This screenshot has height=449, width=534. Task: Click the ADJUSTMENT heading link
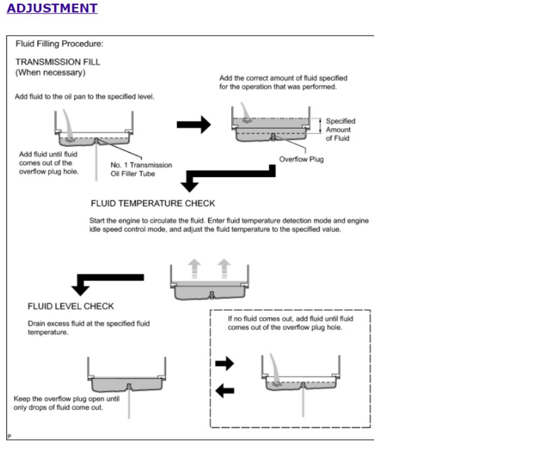pyautogui.click(x=52, y=8)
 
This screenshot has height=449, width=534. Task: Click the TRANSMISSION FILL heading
pyautogui.click(x=58, y=62)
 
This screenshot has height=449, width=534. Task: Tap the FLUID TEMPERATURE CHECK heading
pyautogui.click(x=153, y=203)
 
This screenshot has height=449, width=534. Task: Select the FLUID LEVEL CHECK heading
pyautogui.click(x=71, y=306)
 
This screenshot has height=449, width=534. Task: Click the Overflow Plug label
pyautogui.click(x=301, y=159)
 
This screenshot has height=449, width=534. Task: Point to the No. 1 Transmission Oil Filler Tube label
pyautogui.click(x=141, y=169)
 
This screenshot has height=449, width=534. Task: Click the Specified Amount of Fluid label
pyautogui.click(x=341, y=130)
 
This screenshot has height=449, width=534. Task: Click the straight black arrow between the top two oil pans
pyautogui.click(x=194, y=125)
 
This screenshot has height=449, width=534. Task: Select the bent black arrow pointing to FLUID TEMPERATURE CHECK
pyautogui.click(x=227, y=174)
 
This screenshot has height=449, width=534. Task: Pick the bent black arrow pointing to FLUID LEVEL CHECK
pyautogui.click(x=108, y=277)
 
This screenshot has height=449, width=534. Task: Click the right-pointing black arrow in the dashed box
pyautogui.click(x=225, y=363)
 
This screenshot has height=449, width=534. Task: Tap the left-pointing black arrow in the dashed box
pyautogui.click(x=225, y=391)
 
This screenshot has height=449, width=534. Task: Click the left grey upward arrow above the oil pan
pyautogui.click(x=195, y=269)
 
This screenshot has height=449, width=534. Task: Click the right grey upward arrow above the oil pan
pyautogui.click(x=224, y=269)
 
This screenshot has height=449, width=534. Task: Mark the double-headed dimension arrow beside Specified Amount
pyautogui.click(x=320, y=126)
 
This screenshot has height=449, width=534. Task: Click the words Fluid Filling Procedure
pyautogui.click(x=59, y=44)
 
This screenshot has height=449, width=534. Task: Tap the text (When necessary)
pyautogui.click(x=51, y=72)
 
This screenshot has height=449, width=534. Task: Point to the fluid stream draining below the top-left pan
pyautogui.click(x=96, y=161)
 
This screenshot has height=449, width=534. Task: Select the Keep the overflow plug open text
pyautogui.click(x=66, y=403)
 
